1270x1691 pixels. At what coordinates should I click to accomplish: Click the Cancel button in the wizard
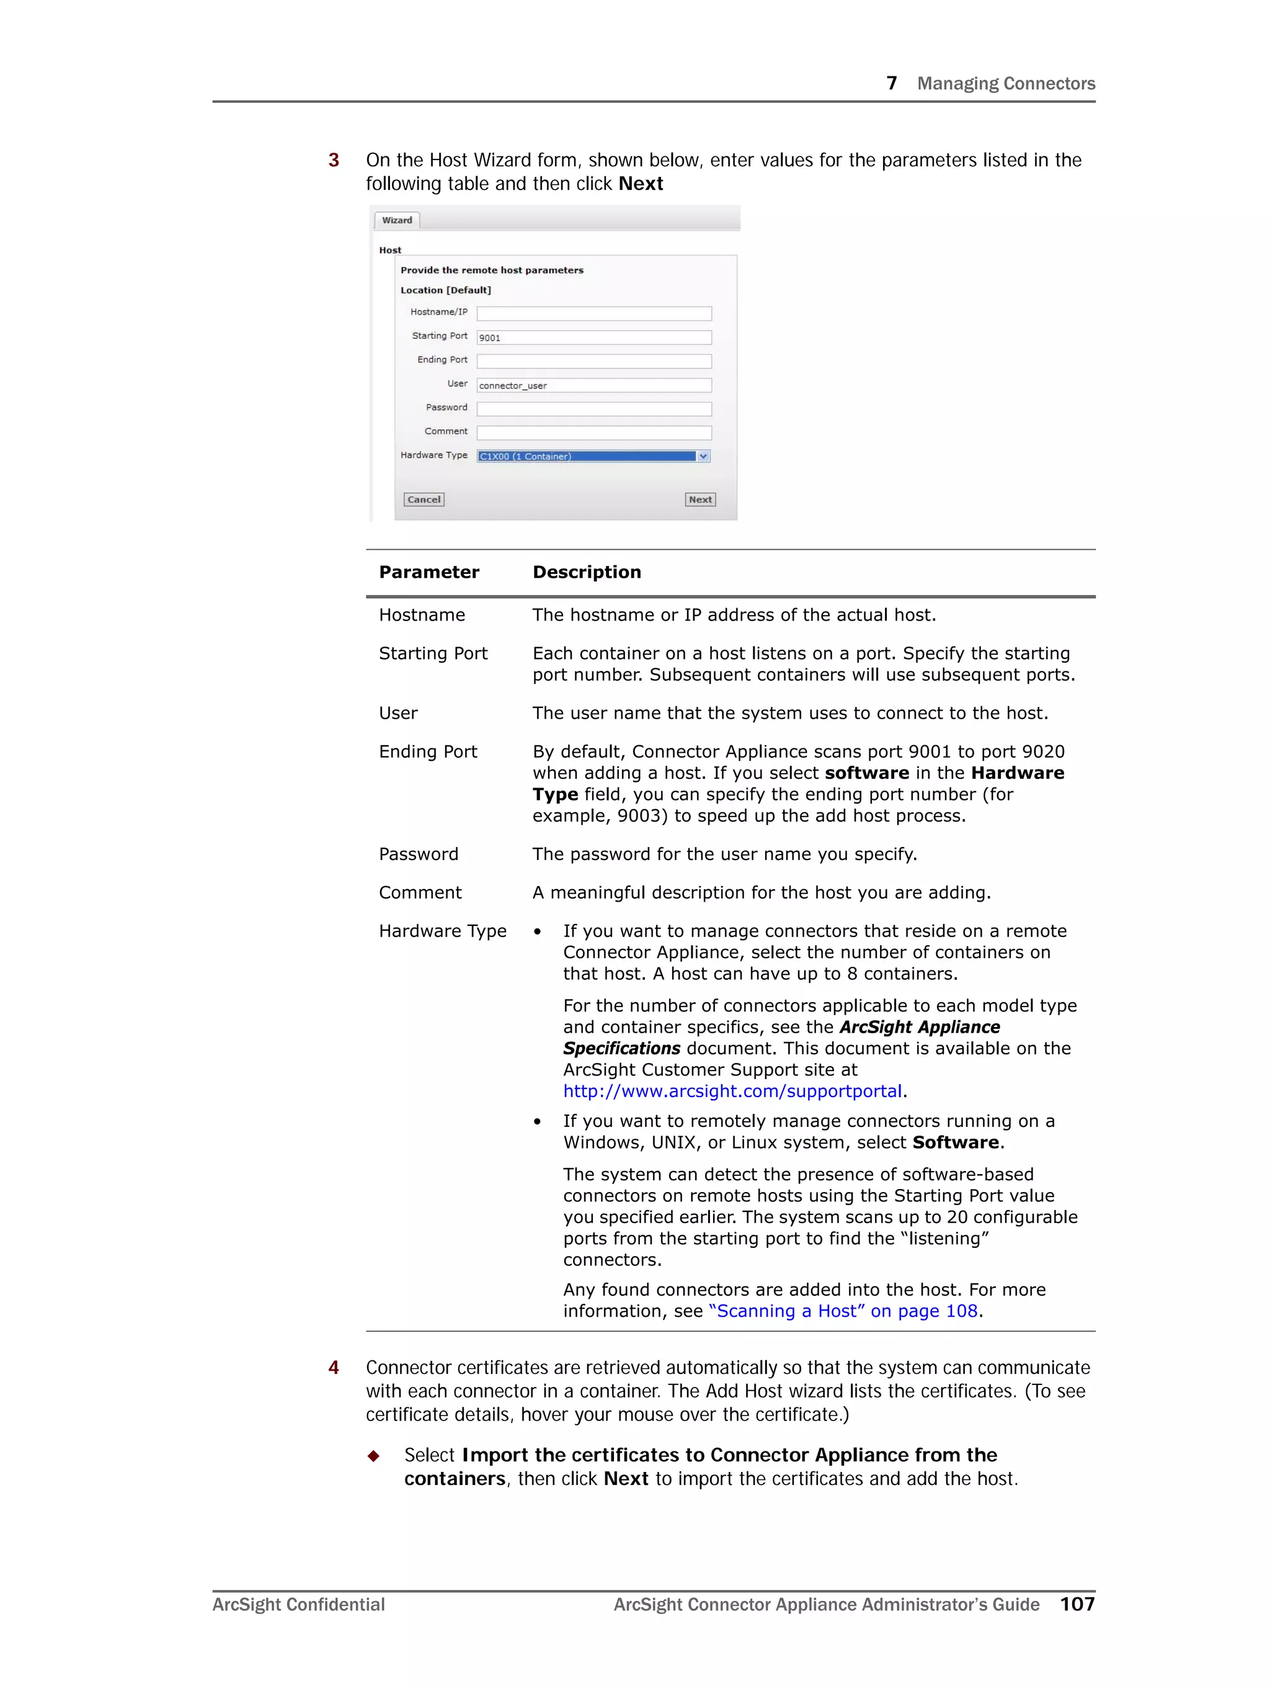424,499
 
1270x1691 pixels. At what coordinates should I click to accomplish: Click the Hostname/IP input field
593,313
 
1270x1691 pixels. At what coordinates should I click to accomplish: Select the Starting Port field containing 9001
593,337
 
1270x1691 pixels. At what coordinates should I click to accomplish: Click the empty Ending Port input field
593,361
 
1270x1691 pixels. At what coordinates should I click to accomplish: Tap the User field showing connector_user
593,385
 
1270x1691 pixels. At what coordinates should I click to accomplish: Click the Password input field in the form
593,409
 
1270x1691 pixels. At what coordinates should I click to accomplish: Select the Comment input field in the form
593,433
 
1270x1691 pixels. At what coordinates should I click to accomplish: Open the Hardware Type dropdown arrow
703,456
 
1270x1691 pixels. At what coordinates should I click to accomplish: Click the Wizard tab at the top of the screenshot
397,220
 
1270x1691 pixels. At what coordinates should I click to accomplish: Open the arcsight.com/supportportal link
732,1091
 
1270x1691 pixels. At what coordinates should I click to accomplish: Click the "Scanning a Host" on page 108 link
843,1311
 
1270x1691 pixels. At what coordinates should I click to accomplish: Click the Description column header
586,572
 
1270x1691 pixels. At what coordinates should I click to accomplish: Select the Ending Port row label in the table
427,751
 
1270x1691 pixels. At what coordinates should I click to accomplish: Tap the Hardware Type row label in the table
442,930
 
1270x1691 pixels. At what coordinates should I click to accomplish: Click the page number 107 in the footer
1077,1604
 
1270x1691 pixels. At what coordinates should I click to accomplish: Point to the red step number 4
333,1367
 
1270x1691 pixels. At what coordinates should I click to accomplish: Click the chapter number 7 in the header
891,83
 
